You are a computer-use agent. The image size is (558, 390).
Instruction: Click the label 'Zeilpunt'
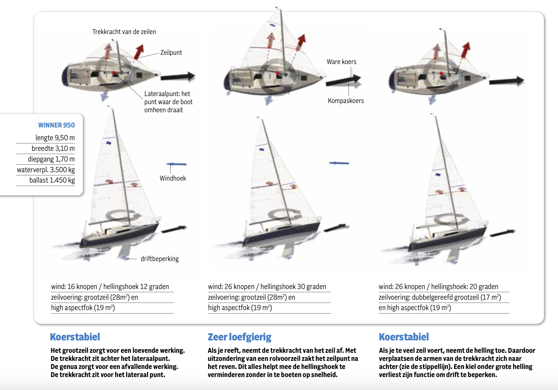tap(171, 52)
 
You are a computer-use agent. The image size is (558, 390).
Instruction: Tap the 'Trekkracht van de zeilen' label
tap(124, 32)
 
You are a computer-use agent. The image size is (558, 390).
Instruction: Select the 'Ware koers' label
tap(341, 62)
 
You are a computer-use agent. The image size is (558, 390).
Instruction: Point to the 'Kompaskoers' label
tap(346, 101)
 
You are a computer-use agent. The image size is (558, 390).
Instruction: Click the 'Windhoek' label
tap(173, 178)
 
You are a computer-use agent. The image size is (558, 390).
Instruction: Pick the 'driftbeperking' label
tap(160, 259)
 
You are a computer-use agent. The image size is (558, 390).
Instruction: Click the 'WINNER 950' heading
tap(56, 125)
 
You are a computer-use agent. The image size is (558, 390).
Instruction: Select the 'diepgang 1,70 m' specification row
tap(51, 159)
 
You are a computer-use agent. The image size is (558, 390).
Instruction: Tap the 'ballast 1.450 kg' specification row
tap(52, 180)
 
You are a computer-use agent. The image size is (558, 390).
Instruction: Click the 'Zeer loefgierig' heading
tap(239, 337)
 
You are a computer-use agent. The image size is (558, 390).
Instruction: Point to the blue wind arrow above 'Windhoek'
tap(176, 164)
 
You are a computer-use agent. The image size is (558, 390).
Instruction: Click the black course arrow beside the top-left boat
tap(178, 77)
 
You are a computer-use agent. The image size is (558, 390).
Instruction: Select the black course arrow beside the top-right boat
tap(506, 81)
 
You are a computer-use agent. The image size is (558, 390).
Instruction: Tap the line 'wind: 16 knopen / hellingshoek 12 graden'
tap(110, 287)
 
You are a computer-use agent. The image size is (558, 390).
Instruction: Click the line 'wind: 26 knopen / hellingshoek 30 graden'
tap(267, 287)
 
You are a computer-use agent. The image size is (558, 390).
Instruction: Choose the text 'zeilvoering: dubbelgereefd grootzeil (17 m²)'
tap(440, 297)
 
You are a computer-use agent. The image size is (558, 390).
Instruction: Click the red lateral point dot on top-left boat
tap(114, 73)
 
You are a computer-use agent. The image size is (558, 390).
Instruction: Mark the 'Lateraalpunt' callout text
tap(168, 102)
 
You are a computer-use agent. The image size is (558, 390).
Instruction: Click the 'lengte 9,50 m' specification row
tap(55, 138)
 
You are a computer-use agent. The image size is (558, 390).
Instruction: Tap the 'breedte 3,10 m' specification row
tap(53, 149)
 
